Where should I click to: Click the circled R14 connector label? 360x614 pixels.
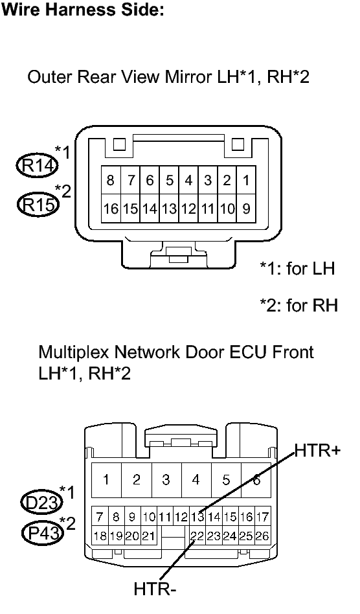pos(38,166)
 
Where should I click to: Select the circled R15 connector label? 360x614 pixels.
pos(38,203)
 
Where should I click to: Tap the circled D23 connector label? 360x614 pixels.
pos(42,503)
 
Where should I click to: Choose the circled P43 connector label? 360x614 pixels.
pos(43,532)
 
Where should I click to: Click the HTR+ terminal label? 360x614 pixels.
pos(317,450)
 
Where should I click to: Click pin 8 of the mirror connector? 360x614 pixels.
pos(111,180)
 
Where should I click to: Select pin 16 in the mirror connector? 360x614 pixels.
pos(111,209)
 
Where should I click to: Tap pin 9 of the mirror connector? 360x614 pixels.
pos(246,209)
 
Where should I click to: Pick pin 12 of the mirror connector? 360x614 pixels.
pos(188,209)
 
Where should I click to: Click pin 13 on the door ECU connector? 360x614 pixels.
pos(197,517)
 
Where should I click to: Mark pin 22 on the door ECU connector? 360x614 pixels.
pos(197,536)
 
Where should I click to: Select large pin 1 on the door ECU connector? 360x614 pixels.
pos(106,479)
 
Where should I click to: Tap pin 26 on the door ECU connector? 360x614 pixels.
pos(262,536)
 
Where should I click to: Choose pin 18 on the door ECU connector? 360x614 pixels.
pos(100,536)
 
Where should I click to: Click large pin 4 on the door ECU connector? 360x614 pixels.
pos(196,479)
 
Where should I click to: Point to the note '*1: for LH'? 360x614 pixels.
pos(298,269)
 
